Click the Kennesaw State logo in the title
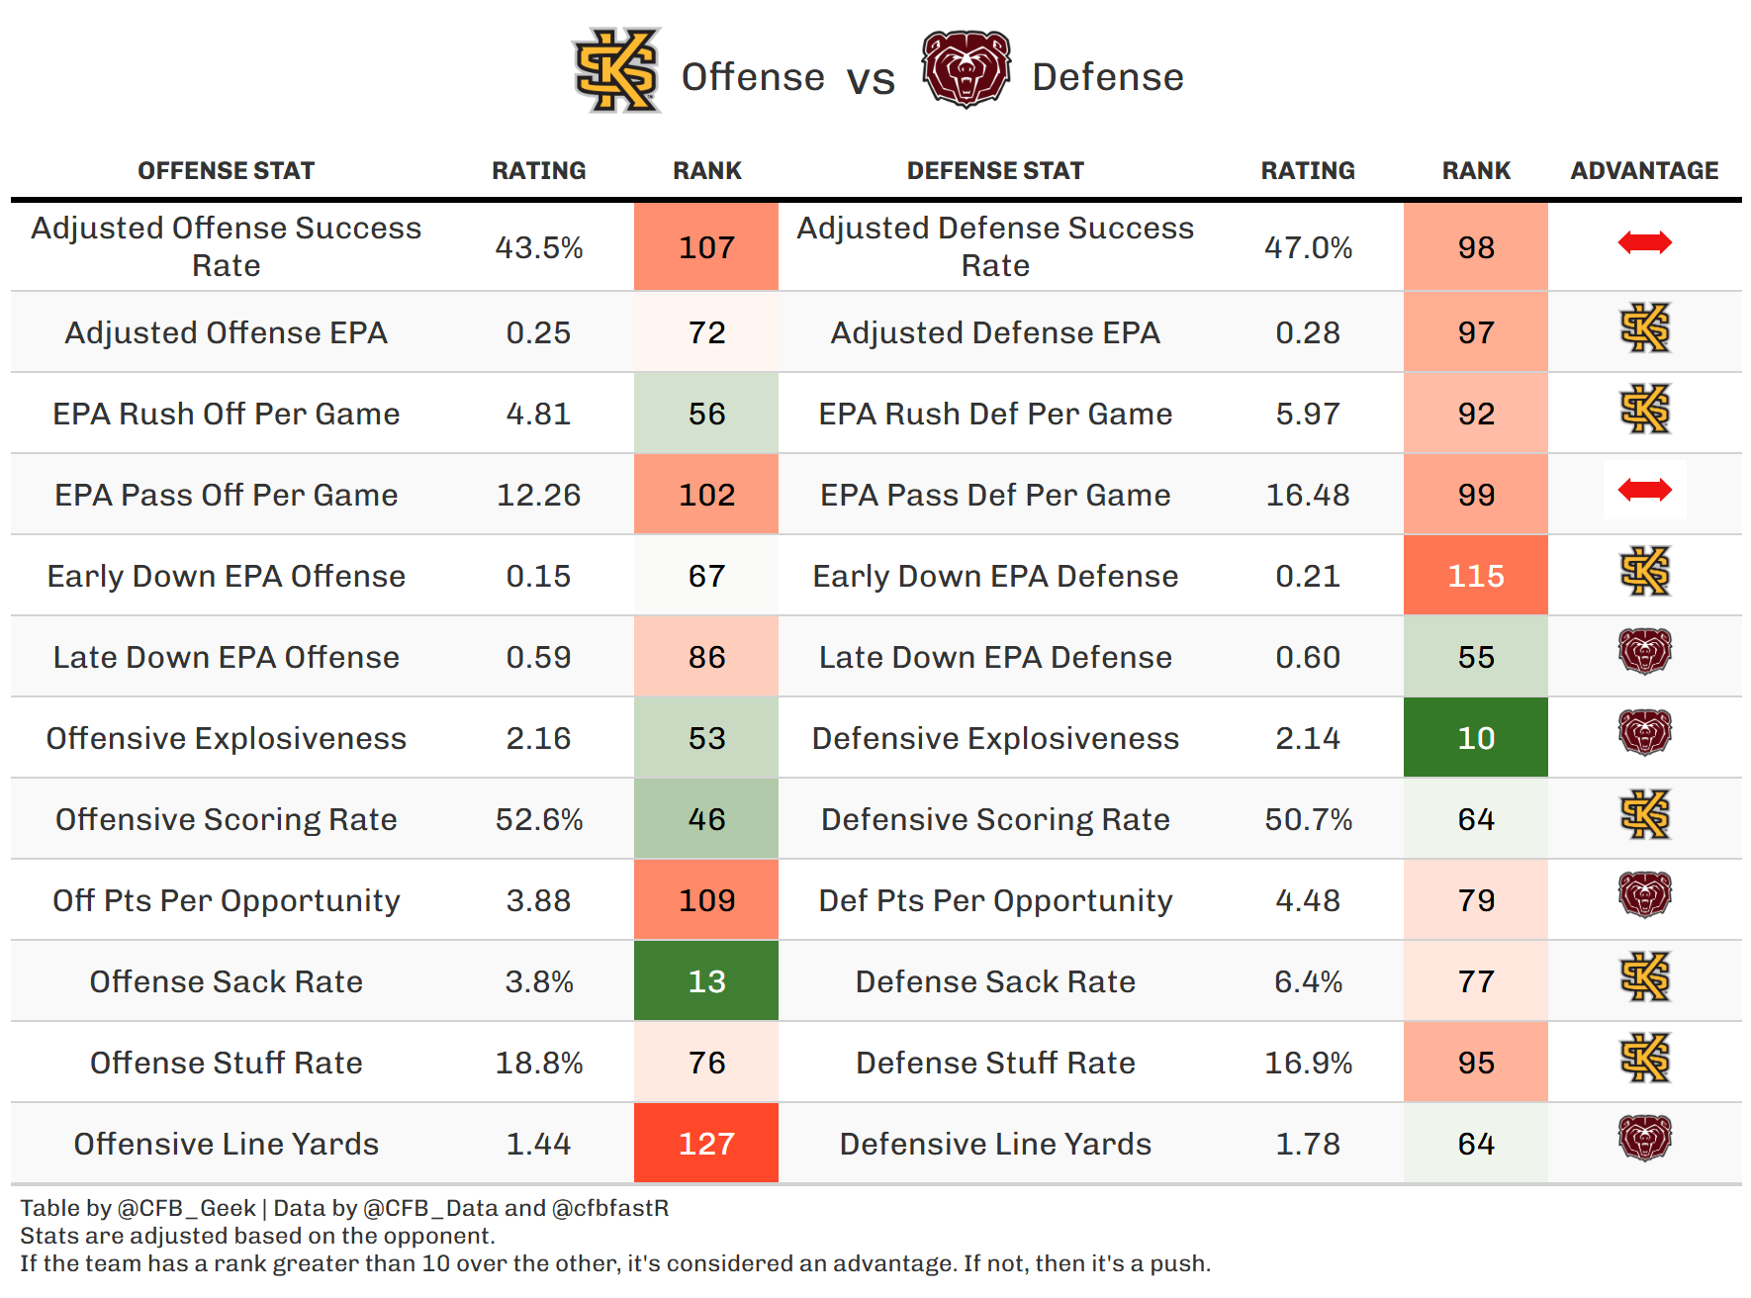[x=617, y=70]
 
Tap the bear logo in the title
[x=966, y=69]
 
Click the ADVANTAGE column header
[x=1644, y=171]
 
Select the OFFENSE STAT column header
[x=226, y=171]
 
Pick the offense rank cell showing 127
[x=706, y=1144]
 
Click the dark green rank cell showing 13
[x=706, y=981]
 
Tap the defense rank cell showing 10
[x=1475, y=738]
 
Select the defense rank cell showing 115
[x=1475, y=576]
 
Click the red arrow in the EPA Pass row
[x=1644, y=490]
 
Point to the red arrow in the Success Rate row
[x=1644, y=242]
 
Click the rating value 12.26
[x=538, y=495]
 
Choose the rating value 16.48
[x=1308, y=495]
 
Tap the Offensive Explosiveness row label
[x=226, y=738]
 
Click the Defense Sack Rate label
[x=995, y=981]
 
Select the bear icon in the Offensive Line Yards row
[x=1644, y=1138]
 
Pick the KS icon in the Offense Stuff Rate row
[x=1644, y=1058]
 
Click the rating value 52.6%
[x=538, y=819]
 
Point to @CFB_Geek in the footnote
[x=187, y=1208]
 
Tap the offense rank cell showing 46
[x=706, y=819]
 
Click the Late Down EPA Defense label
[x=995, y=657]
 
